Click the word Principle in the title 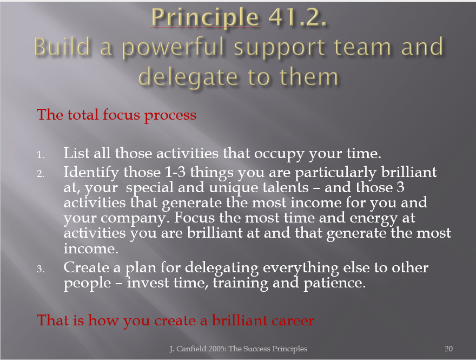[x=206, y=18]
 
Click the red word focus [x=121, y=115]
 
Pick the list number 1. [x=41, y=155]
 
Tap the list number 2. [x=41, y=174]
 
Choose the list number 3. [x=41, y=269]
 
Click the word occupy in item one [x=279, y=154]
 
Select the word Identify [x=91, y=173]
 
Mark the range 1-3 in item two [x=175, y=172]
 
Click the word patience [x=334, y=283]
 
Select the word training [x=240, y=283]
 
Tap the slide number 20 [x=448, y=349]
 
